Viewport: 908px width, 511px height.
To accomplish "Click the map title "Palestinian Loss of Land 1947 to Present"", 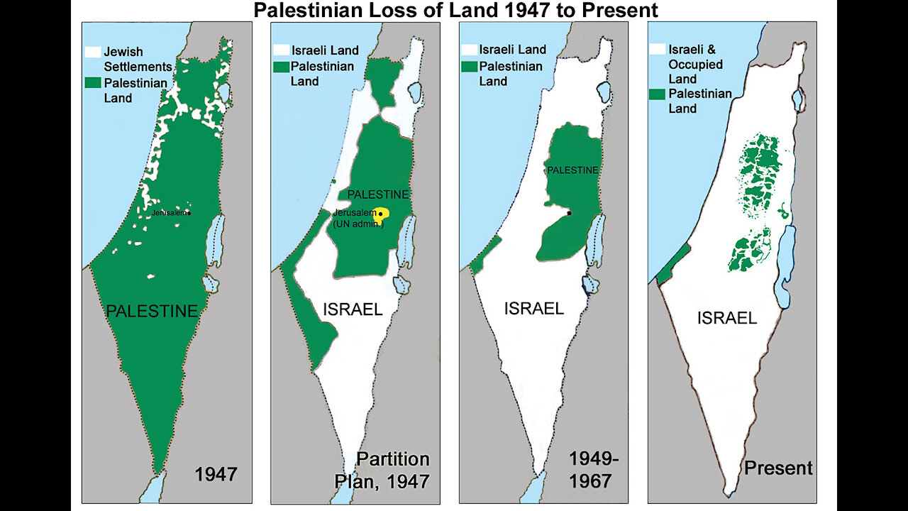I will tap(455, 10).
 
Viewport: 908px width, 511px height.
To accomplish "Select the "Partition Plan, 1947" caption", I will tap(382, 470).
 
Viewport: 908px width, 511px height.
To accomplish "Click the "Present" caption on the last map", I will tap(778, 468).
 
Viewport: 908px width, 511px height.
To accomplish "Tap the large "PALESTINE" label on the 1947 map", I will tap(152, 311).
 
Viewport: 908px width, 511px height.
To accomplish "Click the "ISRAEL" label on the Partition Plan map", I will tap(353, 309).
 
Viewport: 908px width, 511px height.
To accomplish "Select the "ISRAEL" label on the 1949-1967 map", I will tap(533, 308).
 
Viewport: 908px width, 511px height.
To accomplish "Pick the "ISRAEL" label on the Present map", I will tap(727, 318).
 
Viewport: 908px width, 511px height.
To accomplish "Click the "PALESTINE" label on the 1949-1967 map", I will tap(572, 170).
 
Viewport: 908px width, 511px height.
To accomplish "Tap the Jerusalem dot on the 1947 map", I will tap(190, 213).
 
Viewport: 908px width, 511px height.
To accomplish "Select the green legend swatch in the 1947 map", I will tap(92, 83).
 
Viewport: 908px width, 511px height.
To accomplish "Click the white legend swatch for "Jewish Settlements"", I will tap(92, 52).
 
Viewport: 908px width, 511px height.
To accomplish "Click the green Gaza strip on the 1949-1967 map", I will tap(485, 255).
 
